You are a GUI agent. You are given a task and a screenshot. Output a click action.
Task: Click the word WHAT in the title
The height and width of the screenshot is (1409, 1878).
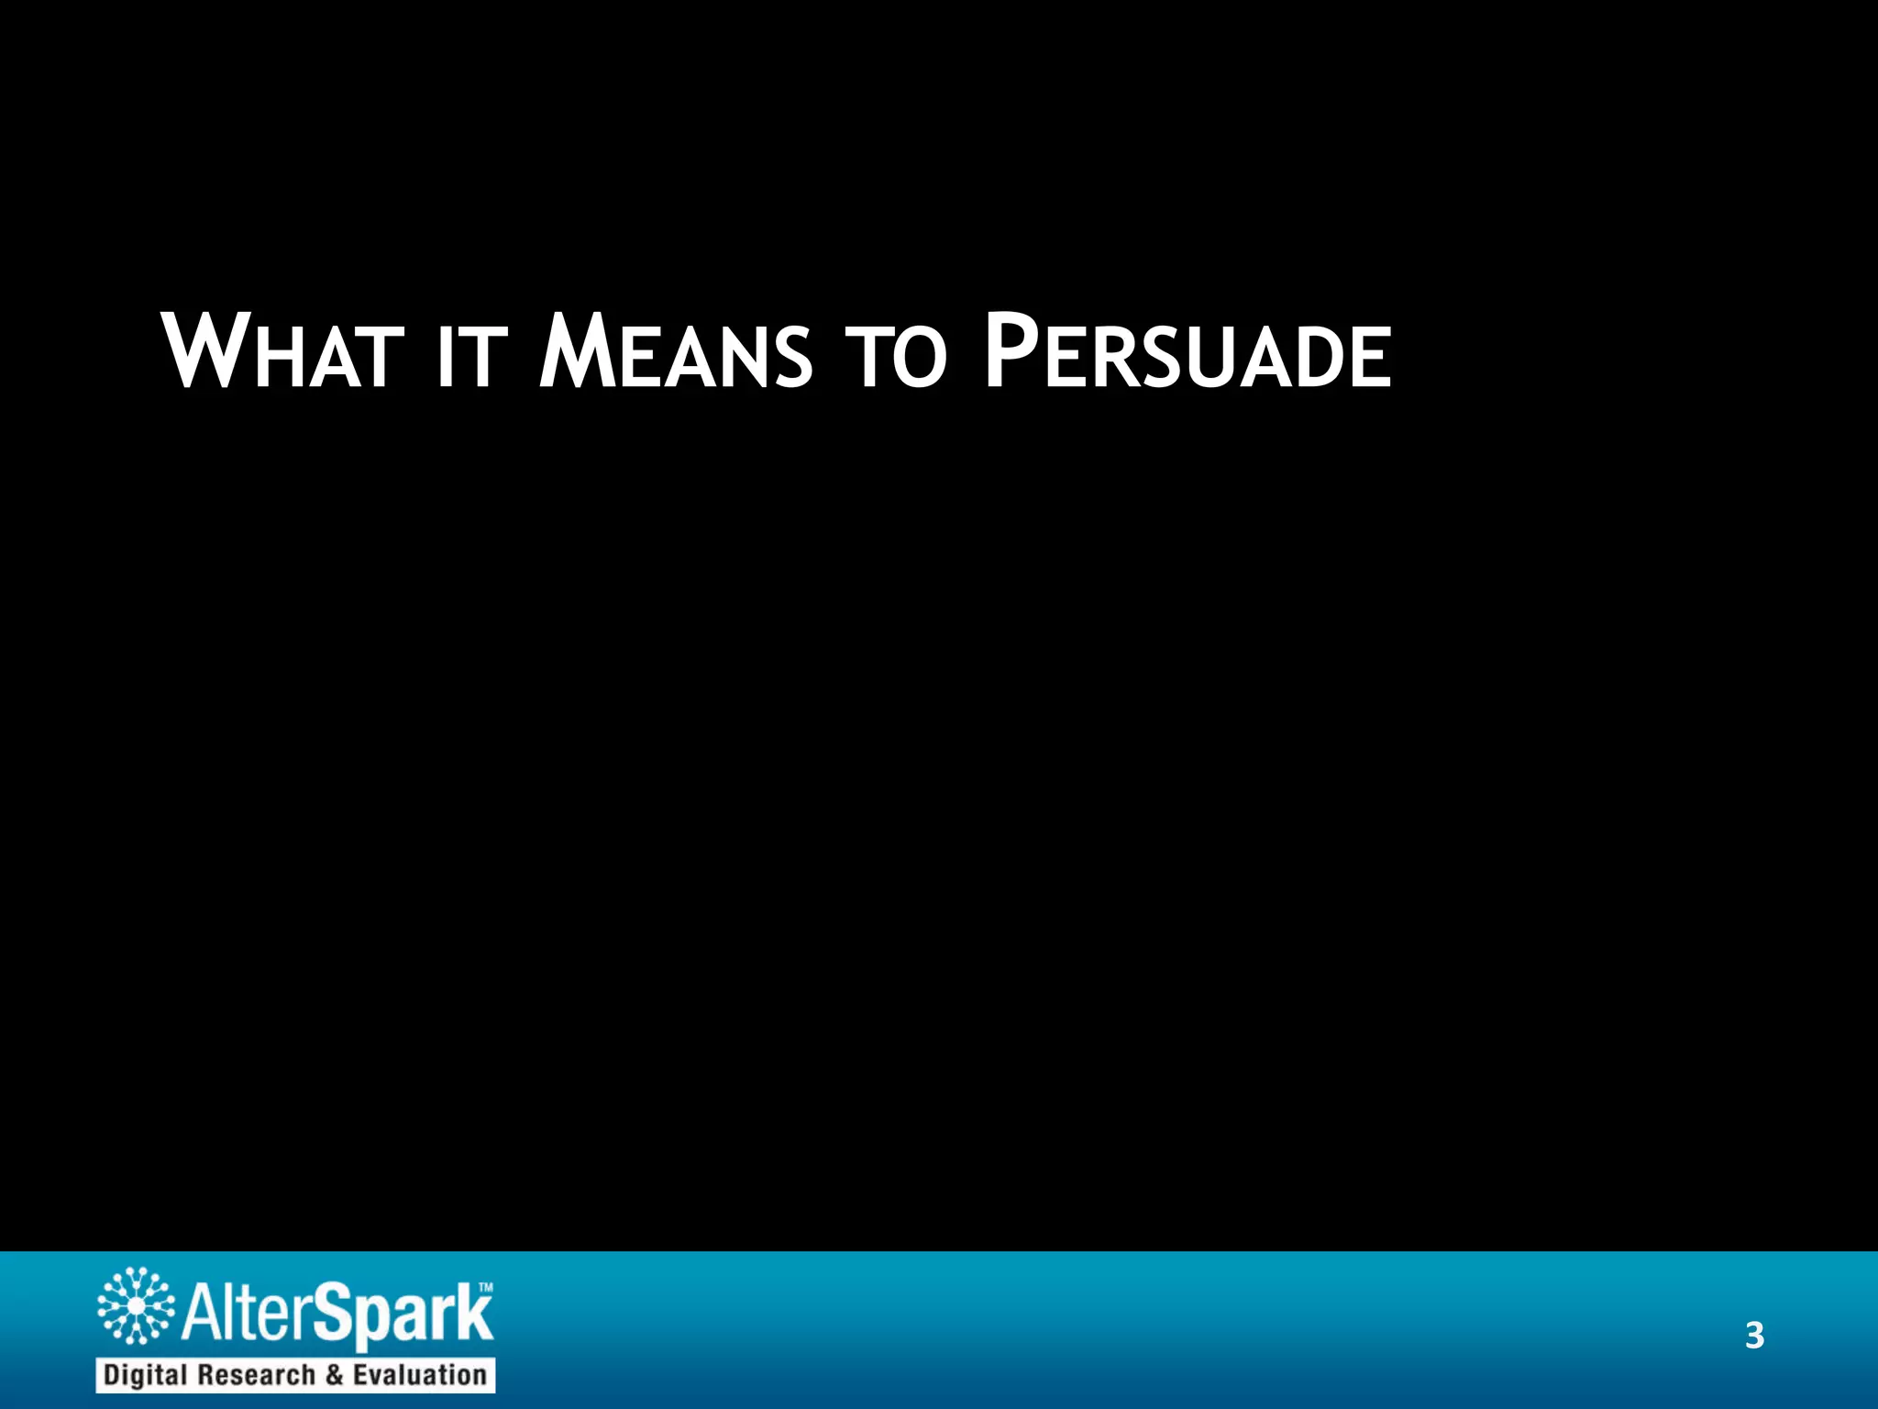click(283, 353)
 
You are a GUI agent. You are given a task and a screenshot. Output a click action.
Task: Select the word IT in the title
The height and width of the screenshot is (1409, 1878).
click(471, 357)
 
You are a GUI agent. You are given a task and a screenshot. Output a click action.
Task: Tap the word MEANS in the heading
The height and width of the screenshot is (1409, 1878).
click(675, 353)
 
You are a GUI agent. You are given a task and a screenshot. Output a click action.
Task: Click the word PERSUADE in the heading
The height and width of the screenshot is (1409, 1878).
click(1187, 353)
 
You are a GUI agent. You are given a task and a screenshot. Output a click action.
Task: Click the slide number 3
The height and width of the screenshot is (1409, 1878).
click(1754, 1336)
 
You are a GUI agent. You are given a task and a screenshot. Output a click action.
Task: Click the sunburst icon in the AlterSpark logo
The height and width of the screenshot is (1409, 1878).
click(136, 1304)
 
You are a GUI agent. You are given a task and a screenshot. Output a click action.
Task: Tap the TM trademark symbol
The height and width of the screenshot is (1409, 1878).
click(486, 1288)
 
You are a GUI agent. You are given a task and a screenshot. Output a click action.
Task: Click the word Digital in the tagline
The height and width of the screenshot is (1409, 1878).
click(146, 1375)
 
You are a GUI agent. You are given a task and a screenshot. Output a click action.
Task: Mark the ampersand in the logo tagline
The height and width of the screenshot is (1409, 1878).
click(334, 1375)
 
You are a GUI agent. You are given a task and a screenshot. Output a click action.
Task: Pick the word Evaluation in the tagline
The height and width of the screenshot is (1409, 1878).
click(419, 1375)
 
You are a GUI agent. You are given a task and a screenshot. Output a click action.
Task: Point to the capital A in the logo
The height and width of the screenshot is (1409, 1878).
click(201, 1313)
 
